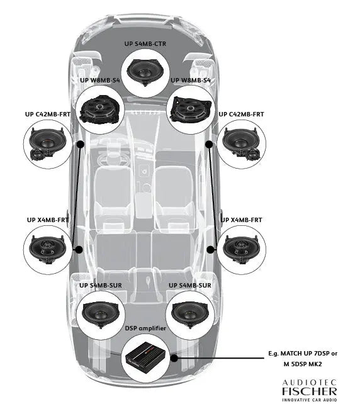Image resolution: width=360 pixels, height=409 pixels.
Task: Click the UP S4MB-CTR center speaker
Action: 147,71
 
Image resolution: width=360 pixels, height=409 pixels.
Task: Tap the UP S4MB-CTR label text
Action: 147,45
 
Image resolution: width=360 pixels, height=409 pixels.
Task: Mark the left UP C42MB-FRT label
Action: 47,115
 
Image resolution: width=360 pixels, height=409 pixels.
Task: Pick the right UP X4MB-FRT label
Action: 241,220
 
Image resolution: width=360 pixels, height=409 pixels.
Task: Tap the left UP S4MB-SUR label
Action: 101,285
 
